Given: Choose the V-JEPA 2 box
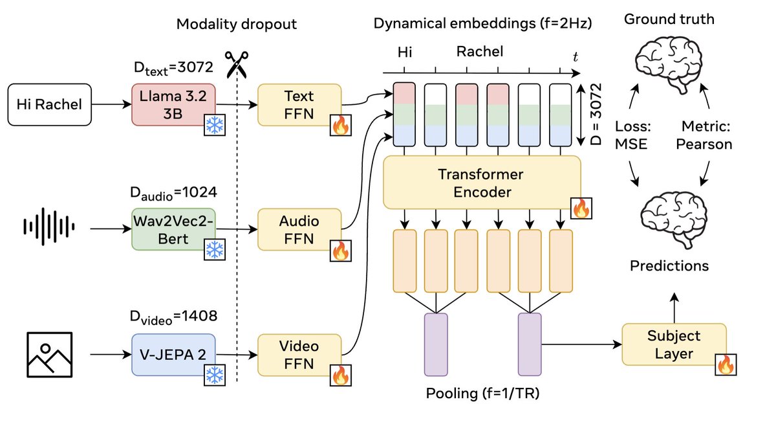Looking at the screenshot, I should [172, 354].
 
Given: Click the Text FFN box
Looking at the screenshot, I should [298, 105].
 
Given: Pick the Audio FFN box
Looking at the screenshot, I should [298, 230].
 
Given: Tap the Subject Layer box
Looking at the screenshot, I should [673, 344].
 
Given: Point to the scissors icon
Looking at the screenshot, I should [236, 64].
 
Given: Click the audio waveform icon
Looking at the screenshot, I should [49, 227].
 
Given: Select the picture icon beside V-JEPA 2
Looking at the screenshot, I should [48, 354].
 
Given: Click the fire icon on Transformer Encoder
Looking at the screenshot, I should [581, 208].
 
